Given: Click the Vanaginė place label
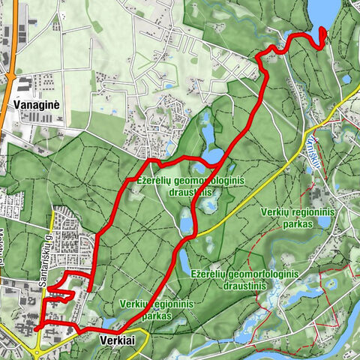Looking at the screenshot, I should click(36, 105).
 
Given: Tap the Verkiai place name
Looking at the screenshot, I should click(117, 340).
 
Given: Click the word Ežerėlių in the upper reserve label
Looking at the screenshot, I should click(156, 181).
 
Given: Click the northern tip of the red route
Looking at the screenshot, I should click(323, 30).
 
